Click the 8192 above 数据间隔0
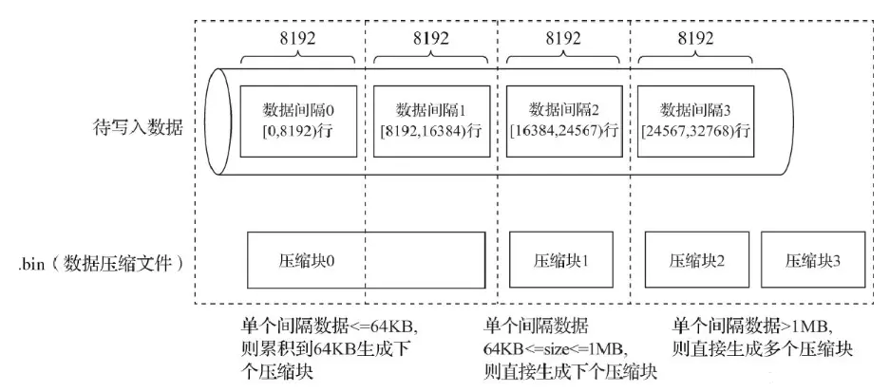pos(297,40)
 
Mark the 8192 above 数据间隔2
pos(563,40)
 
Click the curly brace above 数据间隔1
pos(430,60)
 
